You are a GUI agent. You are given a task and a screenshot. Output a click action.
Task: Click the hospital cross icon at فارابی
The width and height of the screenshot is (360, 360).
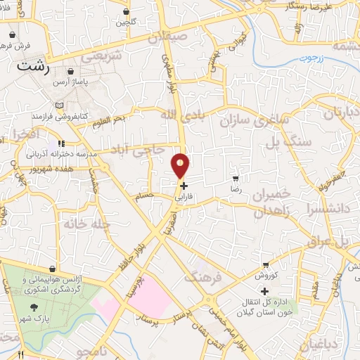184,186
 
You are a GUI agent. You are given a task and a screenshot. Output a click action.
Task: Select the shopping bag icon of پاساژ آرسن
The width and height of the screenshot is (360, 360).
71,72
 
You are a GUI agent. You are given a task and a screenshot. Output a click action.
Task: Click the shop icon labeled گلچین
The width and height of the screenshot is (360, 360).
126,12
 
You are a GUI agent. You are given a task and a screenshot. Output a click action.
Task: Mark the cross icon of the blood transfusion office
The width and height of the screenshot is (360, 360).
265,291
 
